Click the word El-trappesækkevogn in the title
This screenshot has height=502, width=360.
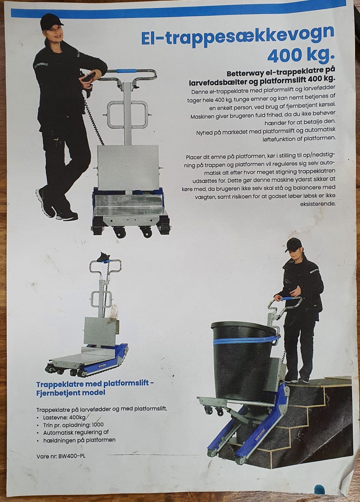point(238,36)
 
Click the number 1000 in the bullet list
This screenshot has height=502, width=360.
point(97,425)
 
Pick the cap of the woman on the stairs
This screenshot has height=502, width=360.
point(294,244)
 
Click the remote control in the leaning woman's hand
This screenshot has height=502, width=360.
point(89,77)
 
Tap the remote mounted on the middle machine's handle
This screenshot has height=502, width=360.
point(104,257)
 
